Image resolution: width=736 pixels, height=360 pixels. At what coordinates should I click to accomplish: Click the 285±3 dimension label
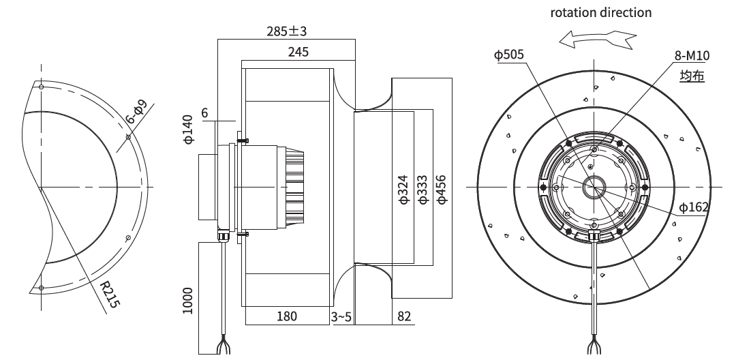pos(286,31)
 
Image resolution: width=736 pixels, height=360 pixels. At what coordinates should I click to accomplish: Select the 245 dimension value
pos(298,52)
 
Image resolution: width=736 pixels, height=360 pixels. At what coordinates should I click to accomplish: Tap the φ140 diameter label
pos(188,129)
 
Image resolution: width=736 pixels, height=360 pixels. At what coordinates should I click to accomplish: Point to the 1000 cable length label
pos(188,301)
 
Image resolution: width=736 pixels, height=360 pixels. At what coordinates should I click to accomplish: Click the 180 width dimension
pos(286,316)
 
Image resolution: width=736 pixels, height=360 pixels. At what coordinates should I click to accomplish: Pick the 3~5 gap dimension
pos(341,317)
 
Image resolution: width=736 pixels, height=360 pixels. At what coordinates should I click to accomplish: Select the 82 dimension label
pos(404,316)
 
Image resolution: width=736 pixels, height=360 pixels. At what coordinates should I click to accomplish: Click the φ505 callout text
pos(509,55)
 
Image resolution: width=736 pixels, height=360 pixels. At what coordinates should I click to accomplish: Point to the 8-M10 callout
pos(692,56)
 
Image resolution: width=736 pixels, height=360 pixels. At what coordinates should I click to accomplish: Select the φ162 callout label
pos(694,207)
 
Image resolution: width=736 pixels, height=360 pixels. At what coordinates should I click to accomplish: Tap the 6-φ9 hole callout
pos(136,112)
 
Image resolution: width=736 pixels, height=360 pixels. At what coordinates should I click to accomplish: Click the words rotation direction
pos(601,13)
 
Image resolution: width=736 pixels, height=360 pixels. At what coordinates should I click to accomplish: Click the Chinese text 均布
pos(692,76)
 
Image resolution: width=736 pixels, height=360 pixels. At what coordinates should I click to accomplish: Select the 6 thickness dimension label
pos(204,113)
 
